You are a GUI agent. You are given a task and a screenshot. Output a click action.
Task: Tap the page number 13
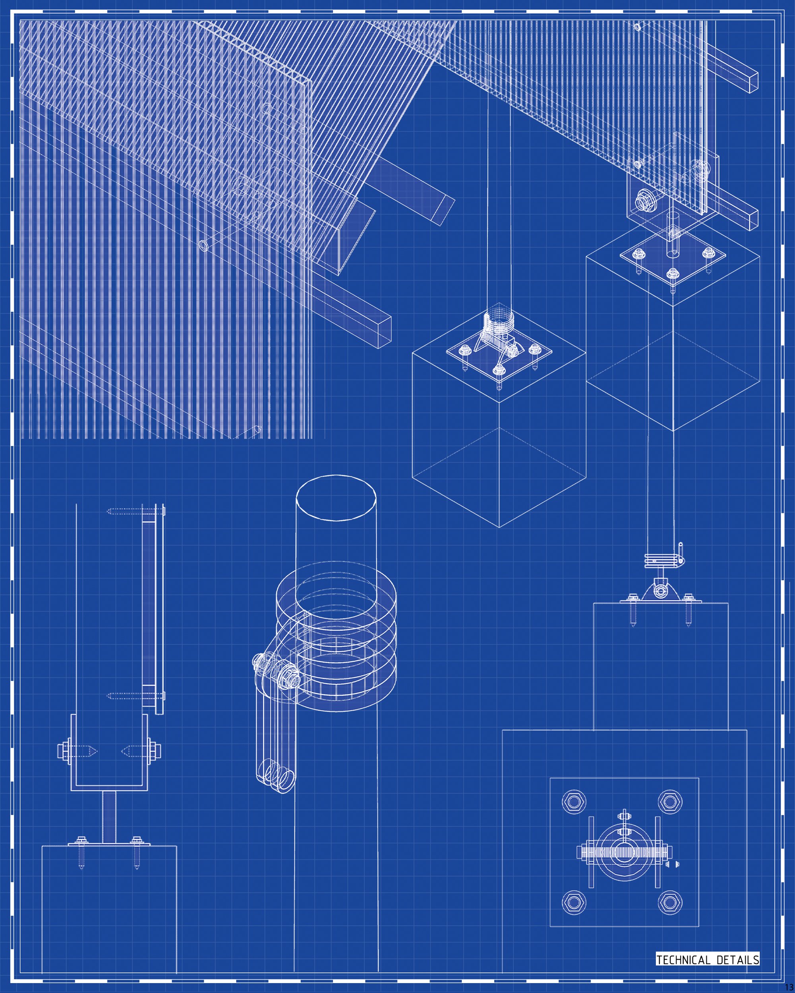click(x=789, y=988)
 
